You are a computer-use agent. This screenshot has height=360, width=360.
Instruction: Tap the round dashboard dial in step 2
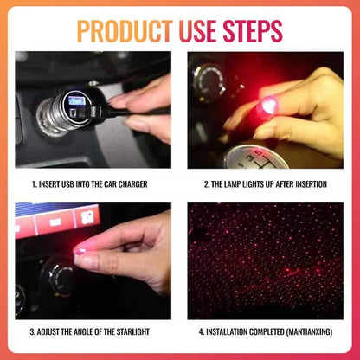click(x=210, y=82)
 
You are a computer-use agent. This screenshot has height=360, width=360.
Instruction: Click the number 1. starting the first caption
click(x=34, y=183)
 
